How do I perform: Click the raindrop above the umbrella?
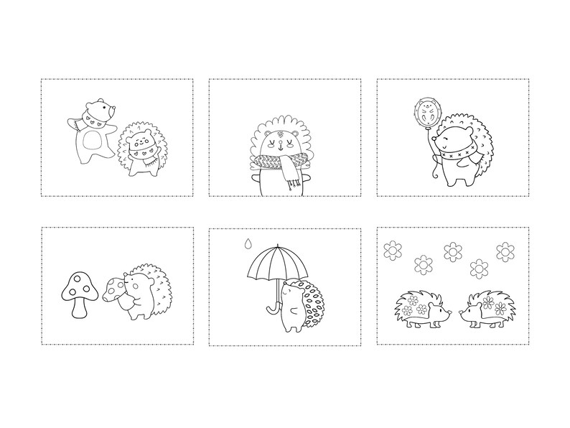point(248,243)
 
